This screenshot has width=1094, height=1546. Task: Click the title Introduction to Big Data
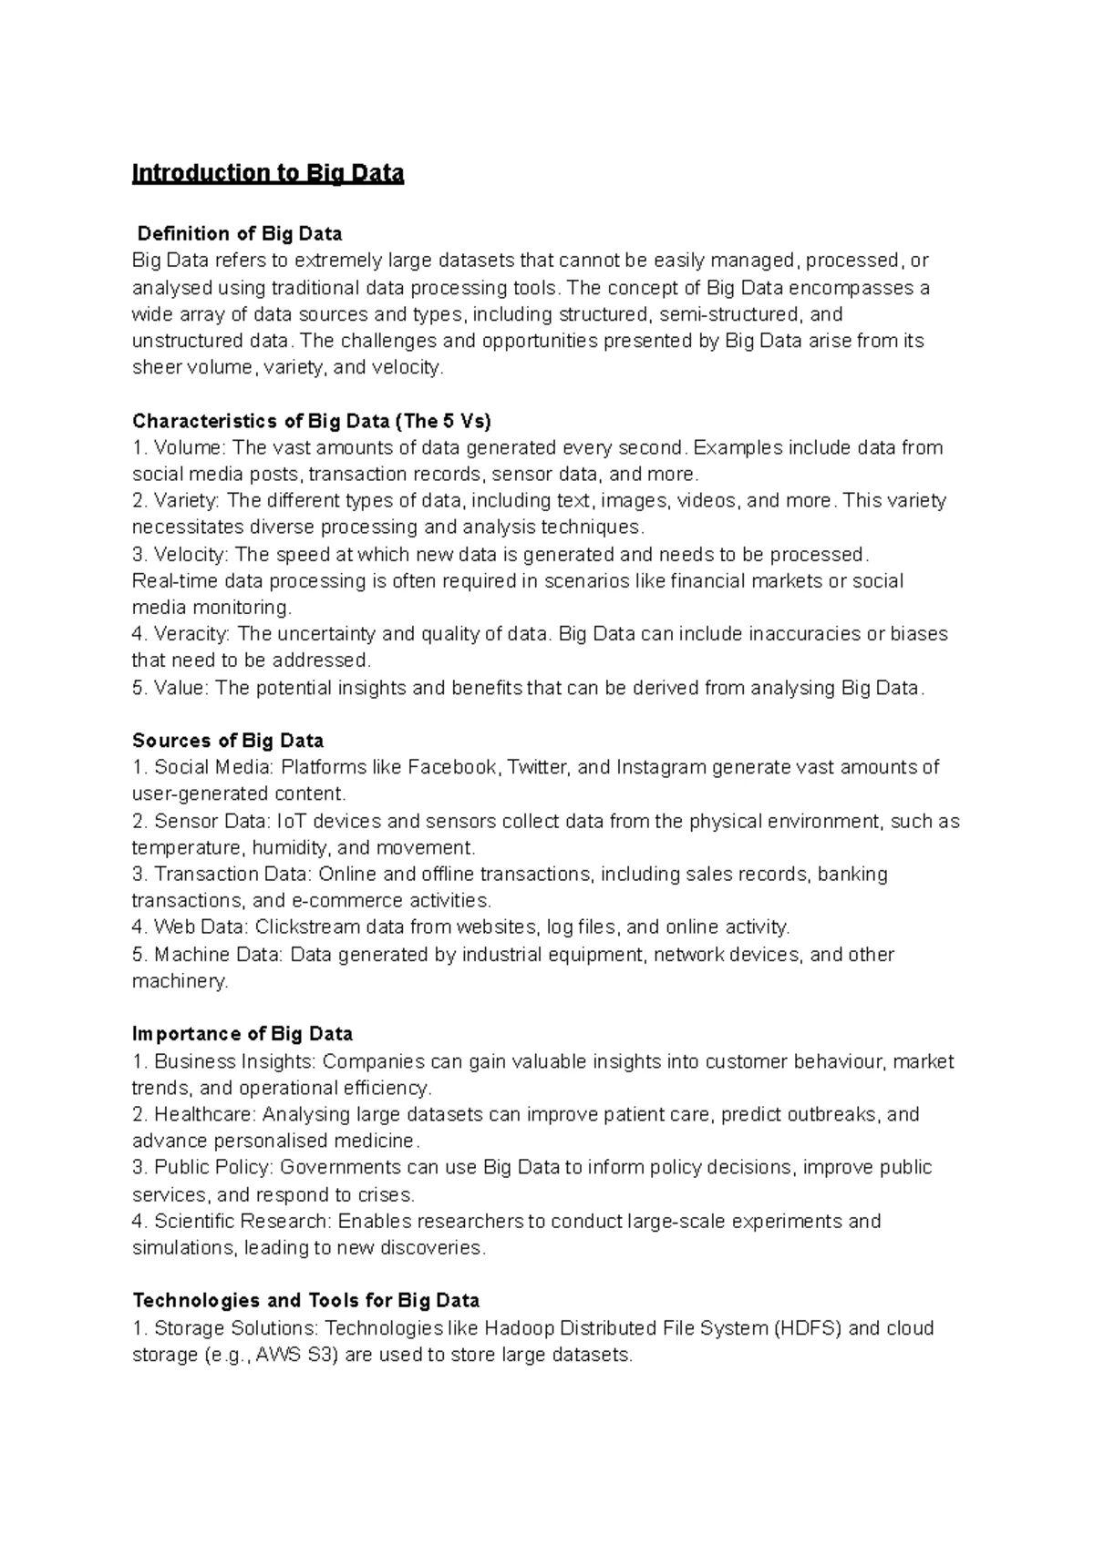tap(267, 173)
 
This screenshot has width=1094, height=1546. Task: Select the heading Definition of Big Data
tap(239, 234)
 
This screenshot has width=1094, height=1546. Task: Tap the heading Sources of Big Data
tap(228, 740)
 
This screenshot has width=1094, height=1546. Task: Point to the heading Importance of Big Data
tap(243, 1034)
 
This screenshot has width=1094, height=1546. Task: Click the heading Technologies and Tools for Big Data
tap(306, 1300)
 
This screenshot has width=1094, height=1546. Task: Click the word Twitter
tap(537, 767)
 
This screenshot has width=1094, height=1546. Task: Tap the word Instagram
tap(661, 767)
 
